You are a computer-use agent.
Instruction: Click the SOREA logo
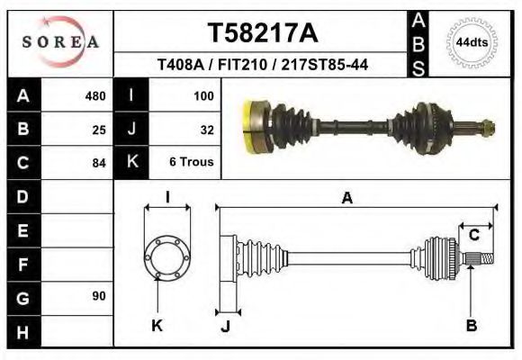pos(60,42)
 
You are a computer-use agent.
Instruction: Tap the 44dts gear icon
pos(472,41)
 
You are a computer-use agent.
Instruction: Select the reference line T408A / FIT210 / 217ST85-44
pos(263,65)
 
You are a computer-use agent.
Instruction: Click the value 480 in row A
pos(94,96)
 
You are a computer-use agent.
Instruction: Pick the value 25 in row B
pos(99,130)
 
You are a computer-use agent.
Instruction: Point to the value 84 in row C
pos(99,163)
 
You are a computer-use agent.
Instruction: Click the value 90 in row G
pos(99,296)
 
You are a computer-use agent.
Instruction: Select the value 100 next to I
pos(202,96)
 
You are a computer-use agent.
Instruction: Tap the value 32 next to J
pos(206,130)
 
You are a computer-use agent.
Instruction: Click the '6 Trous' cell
pos(193,163)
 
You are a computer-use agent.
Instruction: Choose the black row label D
pos(23,196)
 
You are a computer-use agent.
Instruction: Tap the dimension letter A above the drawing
pos(346,199)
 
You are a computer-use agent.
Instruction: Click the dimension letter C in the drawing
pos(473,235)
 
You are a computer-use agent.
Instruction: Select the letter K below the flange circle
pos(157,326)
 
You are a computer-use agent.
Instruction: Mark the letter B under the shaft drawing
pos(471,326)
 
